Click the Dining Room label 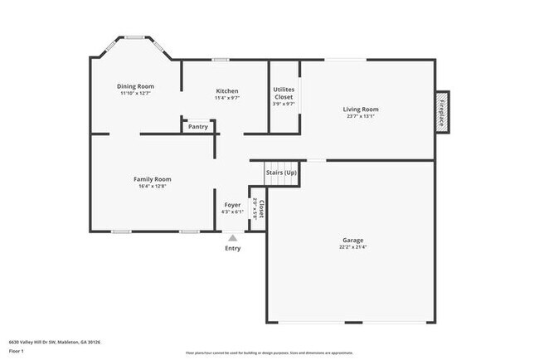[136, 86]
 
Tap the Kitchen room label [227, 91]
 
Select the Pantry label [198, 127]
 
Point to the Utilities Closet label [284, 92]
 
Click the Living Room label [361, 109]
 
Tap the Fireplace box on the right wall [442, 110]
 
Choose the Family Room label [153, 179]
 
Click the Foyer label [232, 205]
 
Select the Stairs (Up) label [281, 173]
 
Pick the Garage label [353, 240]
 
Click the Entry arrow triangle [232, 238]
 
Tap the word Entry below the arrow [232, 248]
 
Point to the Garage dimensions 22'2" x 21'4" [353, 247]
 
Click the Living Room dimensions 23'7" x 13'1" [361, 117]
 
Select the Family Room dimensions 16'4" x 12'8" [153, 187]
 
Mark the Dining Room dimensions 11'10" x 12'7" [136, 94]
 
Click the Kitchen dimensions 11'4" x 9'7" [227, 99]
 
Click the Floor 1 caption [16, 351]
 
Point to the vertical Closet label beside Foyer [261, 208]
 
